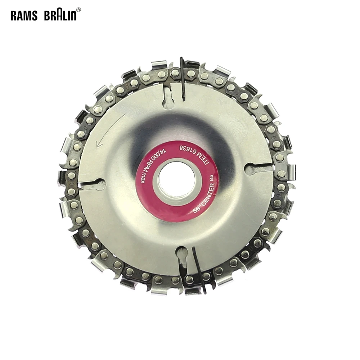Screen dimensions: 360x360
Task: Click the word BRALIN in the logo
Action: tap(60, 15)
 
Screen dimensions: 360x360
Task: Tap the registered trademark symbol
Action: tap(78, 10)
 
